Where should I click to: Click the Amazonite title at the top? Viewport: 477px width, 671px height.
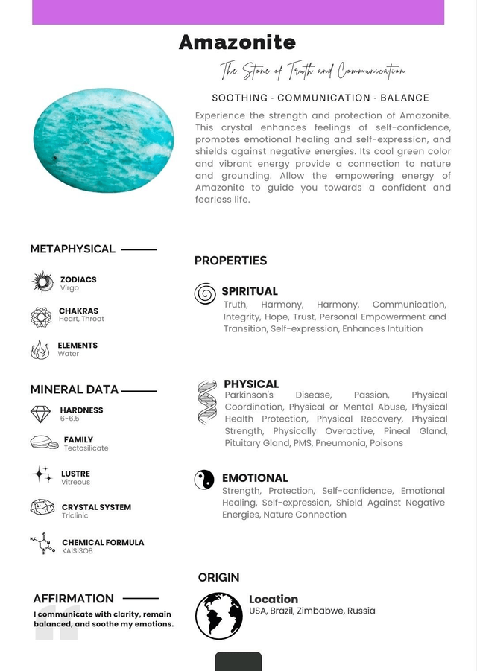[x=237, y=42]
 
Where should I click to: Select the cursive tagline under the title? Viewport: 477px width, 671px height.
[x=312, y=71]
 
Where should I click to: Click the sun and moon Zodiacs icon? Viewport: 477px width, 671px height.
[x=42, y=282]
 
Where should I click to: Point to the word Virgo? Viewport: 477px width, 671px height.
[x=69, y=288]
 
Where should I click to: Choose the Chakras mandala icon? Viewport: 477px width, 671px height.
[x=41, y=317]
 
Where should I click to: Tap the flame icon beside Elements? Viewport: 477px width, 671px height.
[x=40, y=349]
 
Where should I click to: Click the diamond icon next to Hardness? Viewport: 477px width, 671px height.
[x=41, y=414]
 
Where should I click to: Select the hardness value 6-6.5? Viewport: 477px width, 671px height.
[x=69, y=419]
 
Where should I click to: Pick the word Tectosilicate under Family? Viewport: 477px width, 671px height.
[x=86, y=448]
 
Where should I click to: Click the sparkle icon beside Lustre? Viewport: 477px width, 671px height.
[x=42, y=474]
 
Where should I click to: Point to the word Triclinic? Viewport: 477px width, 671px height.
[x=75, y=515]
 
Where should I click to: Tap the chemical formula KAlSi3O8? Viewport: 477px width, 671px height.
[x=78, y=551]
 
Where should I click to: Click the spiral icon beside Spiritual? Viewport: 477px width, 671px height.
[x=205, y=293]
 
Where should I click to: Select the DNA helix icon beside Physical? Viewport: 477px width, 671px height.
[x=206, y=402]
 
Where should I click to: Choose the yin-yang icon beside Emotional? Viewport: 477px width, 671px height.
[x=204, y=480]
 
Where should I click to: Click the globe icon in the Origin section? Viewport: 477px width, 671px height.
[x=219, y=615]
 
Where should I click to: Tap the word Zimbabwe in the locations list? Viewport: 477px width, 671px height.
[x=320, y=611]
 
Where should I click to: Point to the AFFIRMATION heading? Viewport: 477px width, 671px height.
[x=73, y=598]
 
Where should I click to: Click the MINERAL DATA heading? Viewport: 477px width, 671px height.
[x=74, y=389]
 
